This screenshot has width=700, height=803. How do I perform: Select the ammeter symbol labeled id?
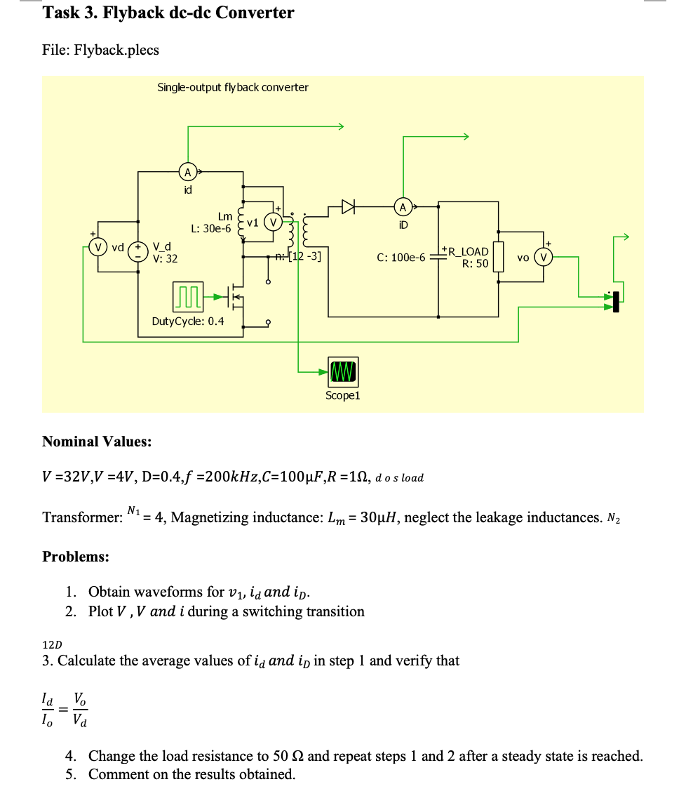pos(187,171)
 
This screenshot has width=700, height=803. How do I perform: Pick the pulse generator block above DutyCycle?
pos(187,297)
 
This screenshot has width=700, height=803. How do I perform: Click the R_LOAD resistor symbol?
pos(499,257)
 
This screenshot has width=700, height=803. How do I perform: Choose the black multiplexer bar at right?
pos(617,302)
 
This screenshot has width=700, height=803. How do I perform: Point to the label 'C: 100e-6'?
pos(401,258)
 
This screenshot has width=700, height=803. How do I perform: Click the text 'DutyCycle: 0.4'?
pos(188,321)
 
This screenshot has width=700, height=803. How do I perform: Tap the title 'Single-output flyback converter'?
pos(232,87)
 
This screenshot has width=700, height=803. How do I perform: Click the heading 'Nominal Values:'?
pos(97,442)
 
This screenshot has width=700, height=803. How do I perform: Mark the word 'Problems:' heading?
pos(76,557)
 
